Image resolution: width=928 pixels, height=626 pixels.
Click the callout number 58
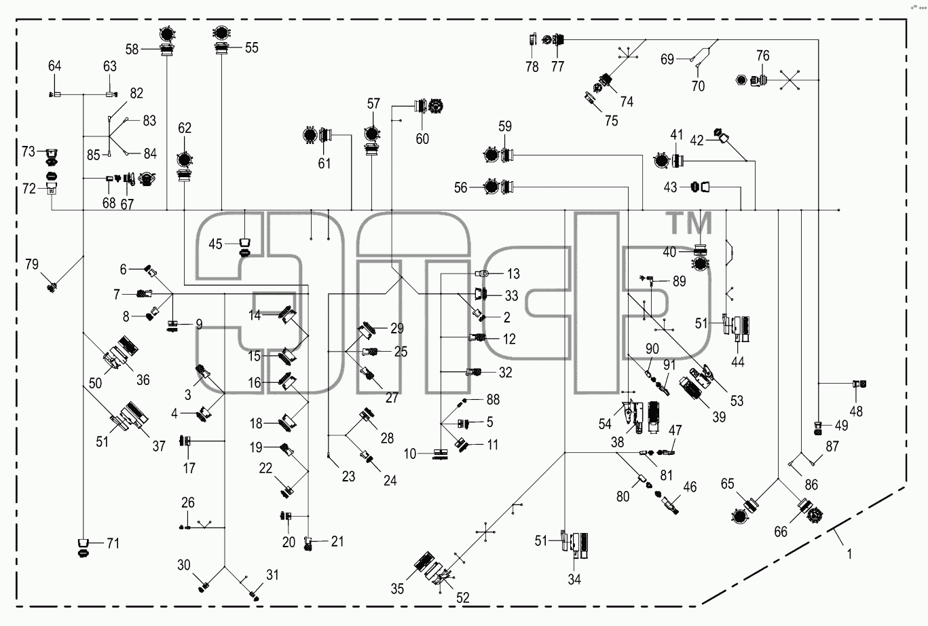pos(132,50)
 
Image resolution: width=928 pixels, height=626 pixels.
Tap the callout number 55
pos(251,48)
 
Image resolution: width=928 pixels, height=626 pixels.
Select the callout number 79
pos(32,264)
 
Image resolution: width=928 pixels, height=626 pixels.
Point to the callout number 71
pos(113,543)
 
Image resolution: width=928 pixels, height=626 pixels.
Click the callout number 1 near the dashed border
pos(849,553)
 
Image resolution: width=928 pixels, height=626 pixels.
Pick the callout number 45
pos(215,244)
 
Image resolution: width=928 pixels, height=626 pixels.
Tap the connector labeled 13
pos(482,274)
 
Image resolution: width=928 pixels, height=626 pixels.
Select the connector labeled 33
pos(481,294)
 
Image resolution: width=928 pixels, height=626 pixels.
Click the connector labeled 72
pos(52,189)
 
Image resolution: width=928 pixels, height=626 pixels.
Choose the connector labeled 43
pos(700,187)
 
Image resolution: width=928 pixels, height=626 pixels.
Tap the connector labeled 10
pos(441,454)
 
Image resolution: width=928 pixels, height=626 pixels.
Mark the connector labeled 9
pos(173,326)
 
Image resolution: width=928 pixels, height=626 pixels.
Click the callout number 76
pos(763,56)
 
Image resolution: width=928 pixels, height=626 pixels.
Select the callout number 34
pos(574,579)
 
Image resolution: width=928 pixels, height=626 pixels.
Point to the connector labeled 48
pos(859,384)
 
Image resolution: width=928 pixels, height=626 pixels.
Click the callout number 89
pos(679,281)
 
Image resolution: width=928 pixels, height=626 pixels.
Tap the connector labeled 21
pos(308,543)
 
